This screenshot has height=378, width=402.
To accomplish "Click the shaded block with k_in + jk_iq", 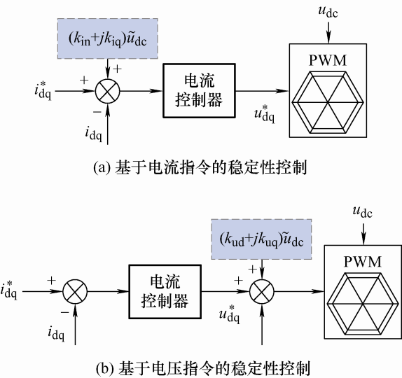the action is point(107,38).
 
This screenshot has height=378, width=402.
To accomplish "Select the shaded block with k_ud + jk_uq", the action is point(261,239).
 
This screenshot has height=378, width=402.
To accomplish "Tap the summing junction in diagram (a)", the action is point(108,91).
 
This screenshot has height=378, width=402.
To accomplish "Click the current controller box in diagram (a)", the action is point(199,91).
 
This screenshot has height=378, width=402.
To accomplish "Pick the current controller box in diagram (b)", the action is point(165,292).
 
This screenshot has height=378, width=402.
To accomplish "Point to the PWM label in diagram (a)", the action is point(328,60).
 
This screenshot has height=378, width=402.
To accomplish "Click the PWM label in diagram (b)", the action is point(363,262).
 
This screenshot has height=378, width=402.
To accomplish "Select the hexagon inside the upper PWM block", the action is point(328,102).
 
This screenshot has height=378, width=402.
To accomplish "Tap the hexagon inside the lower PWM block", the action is point(363,304).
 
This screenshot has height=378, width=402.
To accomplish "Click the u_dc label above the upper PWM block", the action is point(328,12).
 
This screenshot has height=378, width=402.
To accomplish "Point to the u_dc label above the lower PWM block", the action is point(363,212).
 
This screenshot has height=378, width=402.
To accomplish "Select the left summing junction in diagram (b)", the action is point(75,292).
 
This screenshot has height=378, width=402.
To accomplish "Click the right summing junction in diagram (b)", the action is point(262,292).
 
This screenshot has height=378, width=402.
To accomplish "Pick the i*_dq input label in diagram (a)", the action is point(43,91).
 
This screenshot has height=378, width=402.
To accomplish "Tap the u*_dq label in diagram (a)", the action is point(264,114).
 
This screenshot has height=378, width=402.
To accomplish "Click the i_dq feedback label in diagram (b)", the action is point(56,334).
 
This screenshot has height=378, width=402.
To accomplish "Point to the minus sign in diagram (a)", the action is point(97,112).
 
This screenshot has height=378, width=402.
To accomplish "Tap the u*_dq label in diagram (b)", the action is point(230,314).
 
